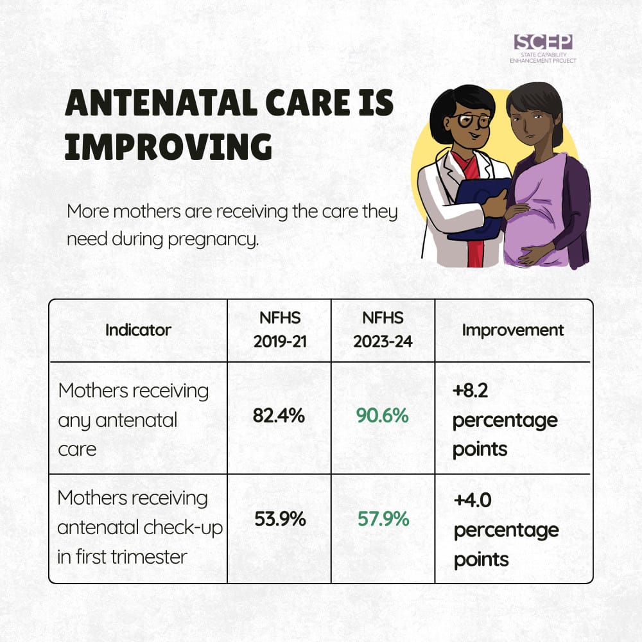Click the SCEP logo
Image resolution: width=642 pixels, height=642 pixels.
543,49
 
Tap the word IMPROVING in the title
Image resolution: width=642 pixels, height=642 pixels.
168,146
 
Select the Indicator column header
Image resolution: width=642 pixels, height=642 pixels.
138,330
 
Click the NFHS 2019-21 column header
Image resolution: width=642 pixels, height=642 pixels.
280,329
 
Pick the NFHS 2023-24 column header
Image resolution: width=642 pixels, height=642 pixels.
383,329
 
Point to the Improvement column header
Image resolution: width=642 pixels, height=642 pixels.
512,330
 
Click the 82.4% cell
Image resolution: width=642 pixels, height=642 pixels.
279,415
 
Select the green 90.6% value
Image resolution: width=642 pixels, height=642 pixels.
383,415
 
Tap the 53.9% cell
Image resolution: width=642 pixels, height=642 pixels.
280,519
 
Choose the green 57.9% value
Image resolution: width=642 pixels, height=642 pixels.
383,519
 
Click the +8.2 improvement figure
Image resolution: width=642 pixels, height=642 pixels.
470,390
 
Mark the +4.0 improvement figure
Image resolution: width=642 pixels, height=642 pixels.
473,500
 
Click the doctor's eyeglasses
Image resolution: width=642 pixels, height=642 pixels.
469,120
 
